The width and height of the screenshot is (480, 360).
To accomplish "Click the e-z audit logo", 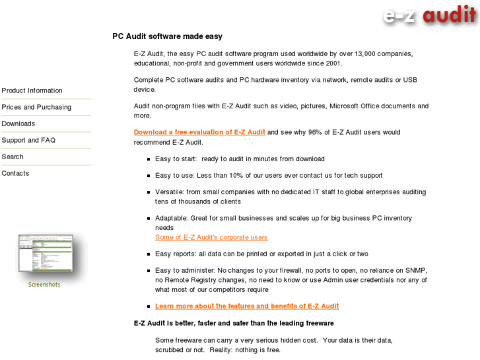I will pyautogui.click(x=429, y=15).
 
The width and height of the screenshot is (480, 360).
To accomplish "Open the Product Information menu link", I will pyautogui.click(x=32, y=90).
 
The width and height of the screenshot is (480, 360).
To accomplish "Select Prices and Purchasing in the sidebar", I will pyautogui.click(x=36, y=107).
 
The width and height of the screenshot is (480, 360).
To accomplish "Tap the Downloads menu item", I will pyautogui.click(x=18, y=124).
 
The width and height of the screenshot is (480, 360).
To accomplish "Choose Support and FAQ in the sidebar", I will pyautogui.click(x=28, y=140).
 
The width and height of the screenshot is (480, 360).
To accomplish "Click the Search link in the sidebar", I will pyautogui.click(x=13, y=157).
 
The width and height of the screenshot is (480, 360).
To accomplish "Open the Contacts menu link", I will pyautogui.click(x=15, y=173).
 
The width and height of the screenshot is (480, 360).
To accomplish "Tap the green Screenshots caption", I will pyautogui.click(x=44, y=285).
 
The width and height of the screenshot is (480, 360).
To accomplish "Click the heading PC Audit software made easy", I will pyautogui.click(x=167, y=36).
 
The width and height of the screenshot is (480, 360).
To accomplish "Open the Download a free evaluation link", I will pyautogui.click(x=199, y=132).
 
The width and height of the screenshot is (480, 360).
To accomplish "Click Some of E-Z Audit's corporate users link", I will pyautogui.click(x=211, y=237).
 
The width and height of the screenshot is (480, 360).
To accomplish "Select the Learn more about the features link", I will pyautogui.click(x=247, y=306).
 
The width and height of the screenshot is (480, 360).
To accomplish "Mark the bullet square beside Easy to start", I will pyautogui.click(x=149, y=159).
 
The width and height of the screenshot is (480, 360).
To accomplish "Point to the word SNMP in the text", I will pyautogui.click(x=417, y=270).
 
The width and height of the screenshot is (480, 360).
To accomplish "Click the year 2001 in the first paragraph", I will pyautogui.click(x=333, y=63).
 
